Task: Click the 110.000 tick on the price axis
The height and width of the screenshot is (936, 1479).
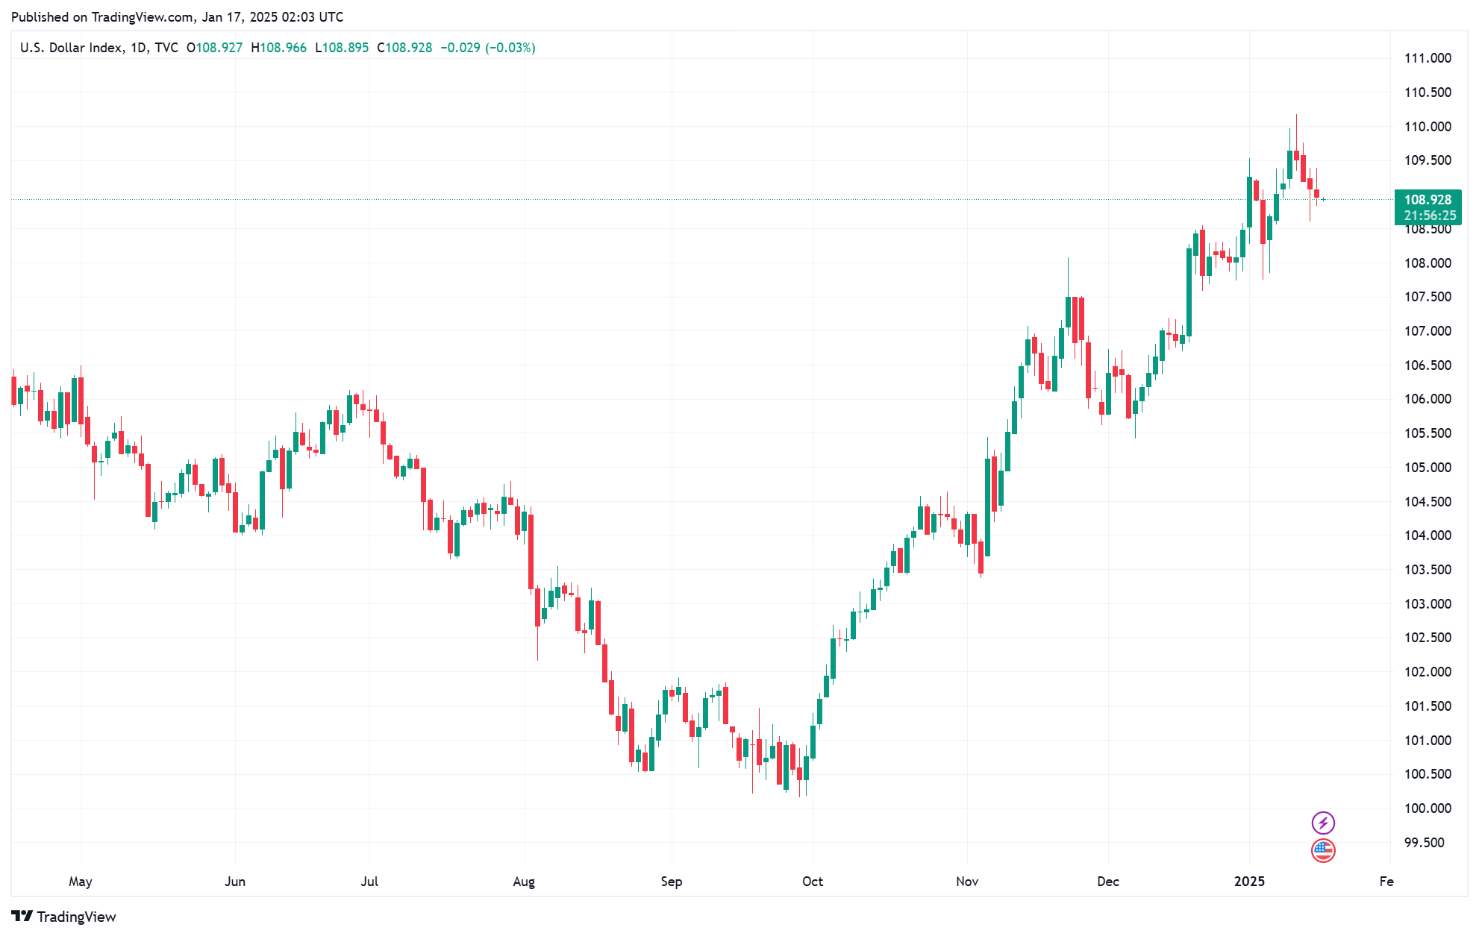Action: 1428,127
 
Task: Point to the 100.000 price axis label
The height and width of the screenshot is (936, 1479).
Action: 1428,808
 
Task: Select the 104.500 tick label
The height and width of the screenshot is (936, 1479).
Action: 1428,502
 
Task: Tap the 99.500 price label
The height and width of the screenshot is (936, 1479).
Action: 1424,843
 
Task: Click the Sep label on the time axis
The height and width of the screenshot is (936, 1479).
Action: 671,882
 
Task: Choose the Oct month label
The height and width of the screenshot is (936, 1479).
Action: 812,882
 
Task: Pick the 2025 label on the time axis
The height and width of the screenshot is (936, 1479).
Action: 1249,882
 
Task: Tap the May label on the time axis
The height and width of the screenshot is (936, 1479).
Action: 81,882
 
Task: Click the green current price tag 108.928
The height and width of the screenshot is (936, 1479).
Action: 1428,200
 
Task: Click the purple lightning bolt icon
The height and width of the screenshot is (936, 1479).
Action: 1323,823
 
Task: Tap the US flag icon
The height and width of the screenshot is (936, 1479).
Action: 1323,850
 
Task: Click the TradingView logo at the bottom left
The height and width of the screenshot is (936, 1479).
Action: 64,917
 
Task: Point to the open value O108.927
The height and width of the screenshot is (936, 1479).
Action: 215,48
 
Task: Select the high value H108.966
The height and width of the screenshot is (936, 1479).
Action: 279,48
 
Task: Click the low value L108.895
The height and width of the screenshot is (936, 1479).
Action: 342,48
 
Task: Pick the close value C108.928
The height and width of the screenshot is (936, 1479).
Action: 404,48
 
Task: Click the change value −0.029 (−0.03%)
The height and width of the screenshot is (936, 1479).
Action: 488,48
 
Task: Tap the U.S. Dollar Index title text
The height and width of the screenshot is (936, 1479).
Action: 72,48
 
